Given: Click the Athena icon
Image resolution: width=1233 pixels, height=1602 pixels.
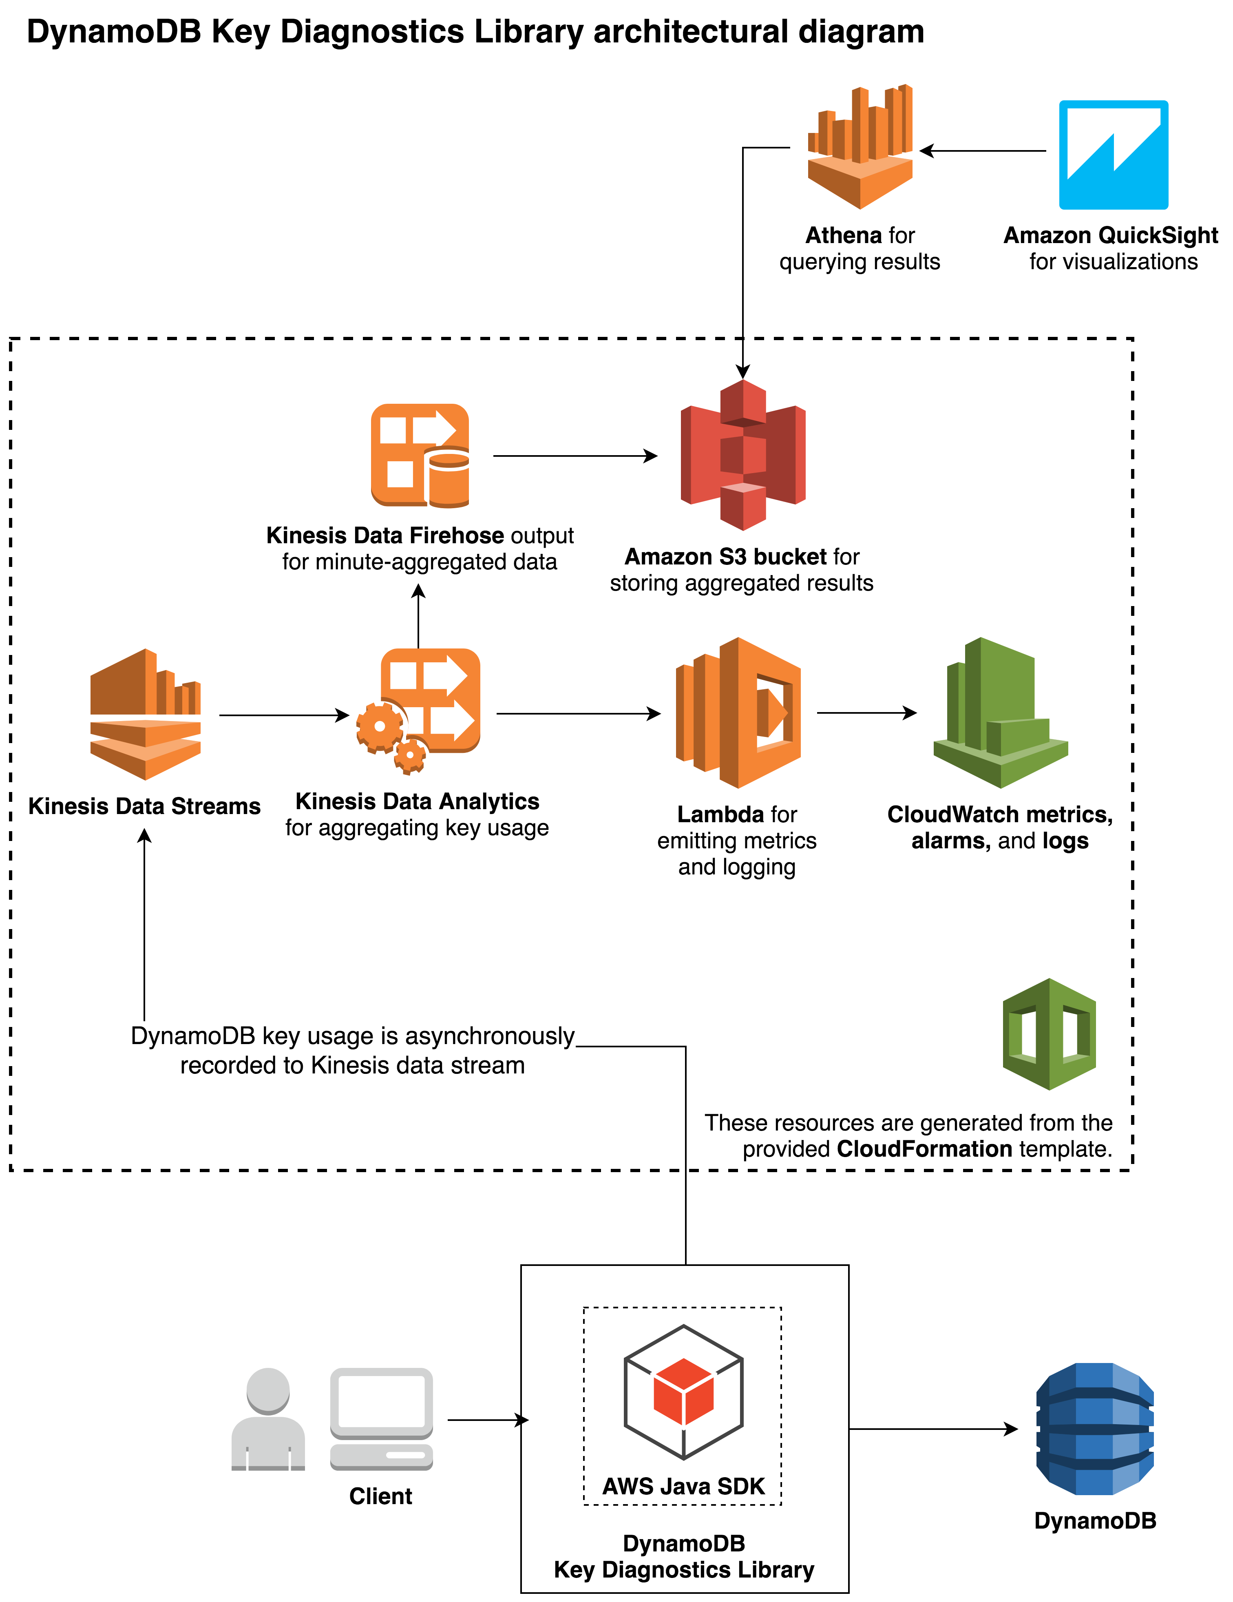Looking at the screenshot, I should (x=860, y=147).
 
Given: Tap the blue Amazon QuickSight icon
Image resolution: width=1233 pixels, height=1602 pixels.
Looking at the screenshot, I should (x=1113, y=155).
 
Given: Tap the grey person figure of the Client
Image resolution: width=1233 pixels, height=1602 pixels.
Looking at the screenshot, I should (x=268, y=1419).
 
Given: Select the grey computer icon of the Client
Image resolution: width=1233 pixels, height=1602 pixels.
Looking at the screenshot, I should (x=381, y=1419).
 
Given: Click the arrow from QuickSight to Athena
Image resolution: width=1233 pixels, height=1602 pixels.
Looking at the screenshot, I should (x=983, y=151).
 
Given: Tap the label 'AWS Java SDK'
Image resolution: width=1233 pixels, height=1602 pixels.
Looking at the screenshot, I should (x=683, y=1486).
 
